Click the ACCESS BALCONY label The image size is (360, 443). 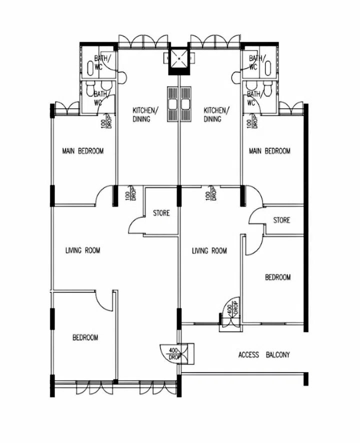pos(263,355)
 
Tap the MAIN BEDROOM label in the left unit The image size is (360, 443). pos(82,151)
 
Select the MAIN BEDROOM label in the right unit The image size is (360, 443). pos(270,151)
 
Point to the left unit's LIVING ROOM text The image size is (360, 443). pos(82,250)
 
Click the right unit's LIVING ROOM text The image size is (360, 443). pos(209,250)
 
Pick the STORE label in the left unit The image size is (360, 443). pos(161,213)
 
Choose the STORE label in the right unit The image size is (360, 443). pos(281,220)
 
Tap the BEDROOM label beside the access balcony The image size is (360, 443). pos(277,277)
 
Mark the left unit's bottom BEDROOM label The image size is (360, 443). pos(85,337)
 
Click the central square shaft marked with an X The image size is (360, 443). pos(179,58)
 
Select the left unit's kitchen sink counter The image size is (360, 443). pos(172,104)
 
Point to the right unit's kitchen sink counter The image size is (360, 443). pos(186,104)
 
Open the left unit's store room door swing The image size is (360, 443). pos(136,226)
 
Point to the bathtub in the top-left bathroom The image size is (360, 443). pos(90,66)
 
